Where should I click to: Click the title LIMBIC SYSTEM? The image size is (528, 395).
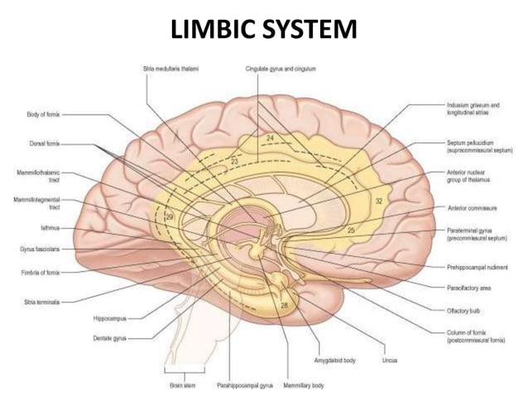(x=263, y=31)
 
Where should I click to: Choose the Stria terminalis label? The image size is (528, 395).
(x=40, y=301)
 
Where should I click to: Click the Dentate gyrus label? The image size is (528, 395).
(x=110, y=337)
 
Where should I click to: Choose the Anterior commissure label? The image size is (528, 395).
(x=468, y=207)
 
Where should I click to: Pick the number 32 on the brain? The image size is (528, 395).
(x=380, y=201)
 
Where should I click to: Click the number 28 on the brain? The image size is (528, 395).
(x=284, y=306)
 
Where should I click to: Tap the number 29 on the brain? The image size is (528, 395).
(x=169, y=217)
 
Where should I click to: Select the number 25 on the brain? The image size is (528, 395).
(x=351, y=229)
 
